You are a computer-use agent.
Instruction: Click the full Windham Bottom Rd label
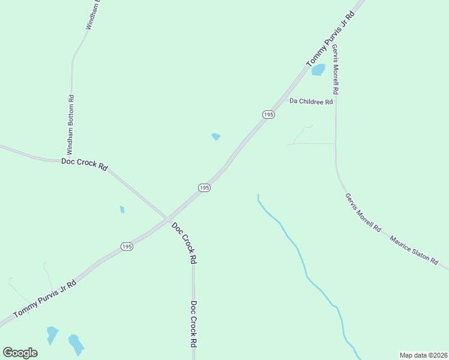tap(70, 124)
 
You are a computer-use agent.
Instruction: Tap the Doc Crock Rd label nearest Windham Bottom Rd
tap(84, 164)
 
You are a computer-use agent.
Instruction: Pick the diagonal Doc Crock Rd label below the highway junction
tap(184, 244)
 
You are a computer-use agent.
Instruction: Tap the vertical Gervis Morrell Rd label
tap(336, 69)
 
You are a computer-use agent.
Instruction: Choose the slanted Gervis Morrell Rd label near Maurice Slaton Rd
tap(363, 212)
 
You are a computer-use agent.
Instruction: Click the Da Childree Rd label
tap(311, 101)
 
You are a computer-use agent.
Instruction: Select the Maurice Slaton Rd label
tap(418, 251)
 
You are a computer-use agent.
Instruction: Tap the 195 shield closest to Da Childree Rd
tap(268, 114)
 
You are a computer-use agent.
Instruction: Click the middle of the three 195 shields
tap(204, 188)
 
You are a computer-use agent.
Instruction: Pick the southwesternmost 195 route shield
tap(127, 247)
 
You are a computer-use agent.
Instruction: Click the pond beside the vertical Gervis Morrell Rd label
tap(318, 70)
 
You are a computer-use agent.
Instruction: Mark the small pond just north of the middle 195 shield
tap(215, 137)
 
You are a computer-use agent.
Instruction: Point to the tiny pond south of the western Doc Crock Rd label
tap(122, 209)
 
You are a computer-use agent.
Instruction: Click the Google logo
tap(20, 353)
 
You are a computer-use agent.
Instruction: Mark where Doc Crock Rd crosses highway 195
tap(167, 217)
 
